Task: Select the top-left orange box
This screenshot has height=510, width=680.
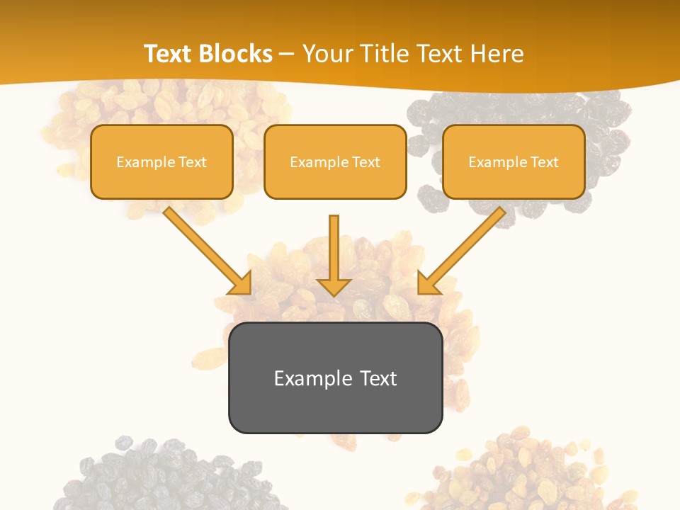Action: (x=161, y=161)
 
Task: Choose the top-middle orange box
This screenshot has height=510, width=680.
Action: (x=335, y=161)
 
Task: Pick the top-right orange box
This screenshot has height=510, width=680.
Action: (x=514, y=161)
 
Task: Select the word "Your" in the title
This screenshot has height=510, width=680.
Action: (x=326, y=54)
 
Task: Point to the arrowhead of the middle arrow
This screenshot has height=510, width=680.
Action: (x=334, y=286)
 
